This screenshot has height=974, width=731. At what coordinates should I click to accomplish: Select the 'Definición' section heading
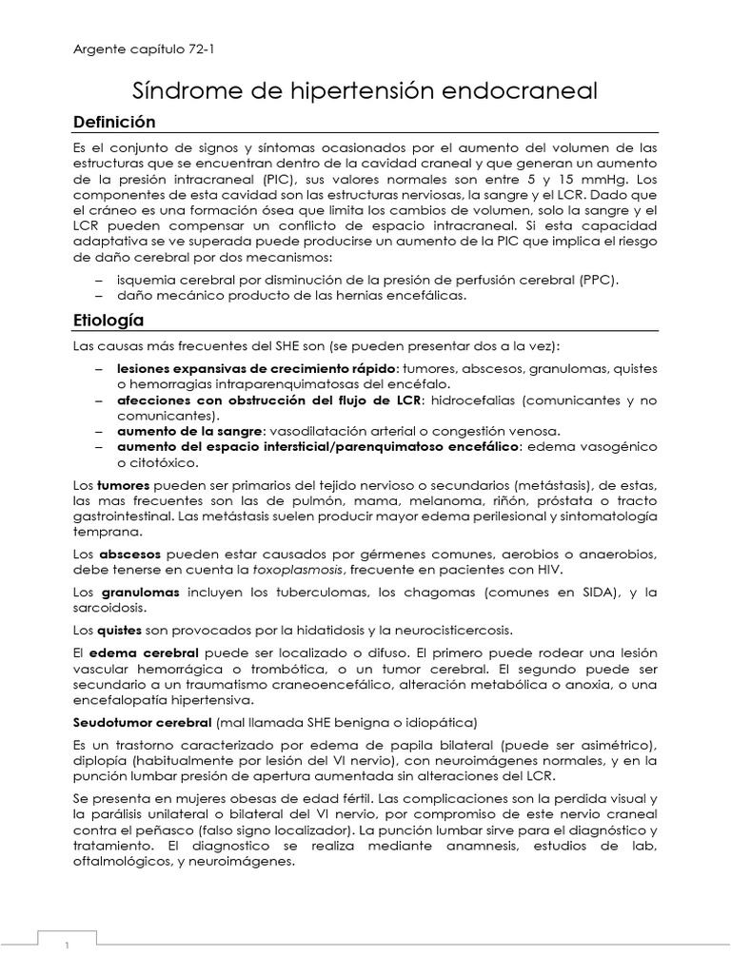pos(113,122)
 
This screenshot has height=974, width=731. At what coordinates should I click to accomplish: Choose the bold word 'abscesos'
pos(128,554)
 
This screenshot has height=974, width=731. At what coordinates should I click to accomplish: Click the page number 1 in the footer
pos(67,945)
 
